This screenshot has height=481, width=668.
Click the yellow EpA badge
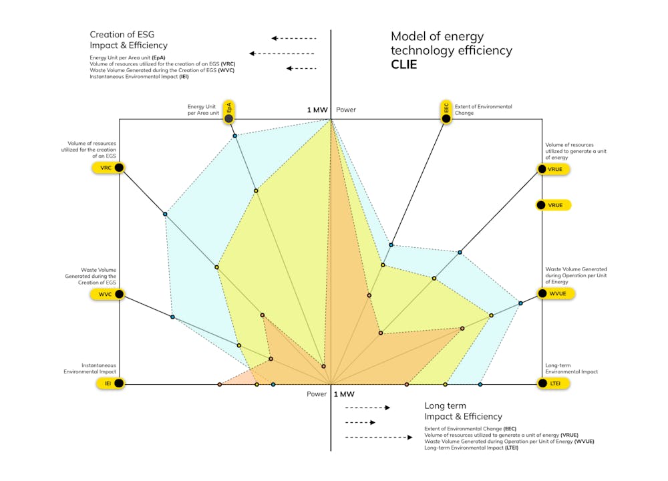pyautogui.click(x=229, y=112)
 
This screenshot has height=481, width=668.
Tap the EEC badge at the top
pyautogui.click(x=446, y=112)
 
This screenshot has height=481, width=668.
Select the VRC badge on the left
pyautogui.click(x=110, y=168)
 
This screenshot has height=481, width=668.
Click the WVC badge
pyautogui.click(x=110, y=294)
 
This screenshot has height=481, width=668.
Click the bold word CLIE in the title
pyautogui.click(x=404, y=65)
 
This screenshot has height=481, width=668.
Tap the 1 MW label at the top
pyautogui.click(x=317, y=110)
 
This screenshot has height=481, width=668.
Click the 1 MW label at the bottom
pyautogui.click(x=343, y=394)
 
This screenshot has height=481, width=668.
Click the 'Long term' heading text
pyautogui.click(x=445, y=406)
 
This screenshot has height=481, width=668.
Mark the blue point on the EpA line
pyautogui.click(x=234, y=136)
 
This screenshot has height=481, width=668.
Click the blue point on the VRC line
pyautogui.click(x=165, y=214)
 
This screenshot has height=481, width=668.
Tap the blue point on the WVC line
pyautogui.click(x=172, y=317)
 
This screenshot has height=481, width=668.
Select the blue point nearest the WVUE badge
pyautogui.click(x=520, y=304)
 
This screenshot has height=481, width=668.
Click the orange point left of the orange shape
pyautogui.click(x=220, y=384)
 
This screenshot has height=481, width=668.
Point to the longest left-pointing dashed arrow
pyautogui.click(x=282, y=53)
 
